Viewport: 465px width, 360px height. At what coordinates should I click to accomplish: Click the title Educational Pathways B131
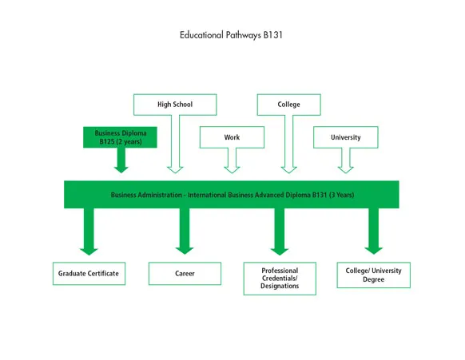[x=232, y=35]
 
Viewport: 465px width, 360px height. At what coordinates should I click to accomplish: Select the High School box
[x=174, y=105]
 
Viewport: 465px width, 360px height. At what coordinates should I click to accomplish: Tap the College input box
[x=288, y=105]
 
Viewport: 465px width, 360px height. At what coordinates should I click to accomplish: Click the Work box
[x=232, y=137]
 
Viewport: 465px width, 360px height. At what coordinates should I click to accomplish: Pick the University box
[x=345, y=137]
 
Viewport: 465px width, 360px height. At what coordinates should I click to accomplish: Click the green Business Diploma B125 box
[x=120, y=137]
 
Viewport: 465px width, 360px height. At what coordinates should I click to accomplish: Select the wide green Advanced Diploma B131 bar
[x=232, y=195]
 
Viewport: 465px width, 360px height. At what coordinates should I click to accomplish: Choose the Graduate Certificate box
[x=88, y=274]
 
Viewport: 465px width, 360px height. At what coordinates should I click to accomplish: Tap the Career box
[x=185, y=274]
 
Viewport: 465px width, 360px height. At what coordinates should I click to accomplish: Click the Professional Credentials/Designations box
[x=280, y=279]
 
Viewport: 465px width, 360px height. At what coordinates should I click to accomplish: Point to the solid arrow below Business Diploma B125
[x=121, y=161]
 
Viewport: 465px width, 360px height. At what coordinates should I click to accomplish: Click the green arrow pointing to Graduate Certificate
[x=89, y=233]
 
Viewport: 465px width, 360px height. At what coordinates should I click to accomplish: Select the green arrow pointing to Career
[x=185, y=233]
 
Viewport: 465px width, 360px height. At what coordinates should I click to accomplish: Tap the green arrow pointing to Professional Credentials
[x=280, y=233]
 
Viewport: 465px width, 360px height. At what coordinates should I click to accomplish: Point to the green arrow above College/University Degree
[x=374, y=233]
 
